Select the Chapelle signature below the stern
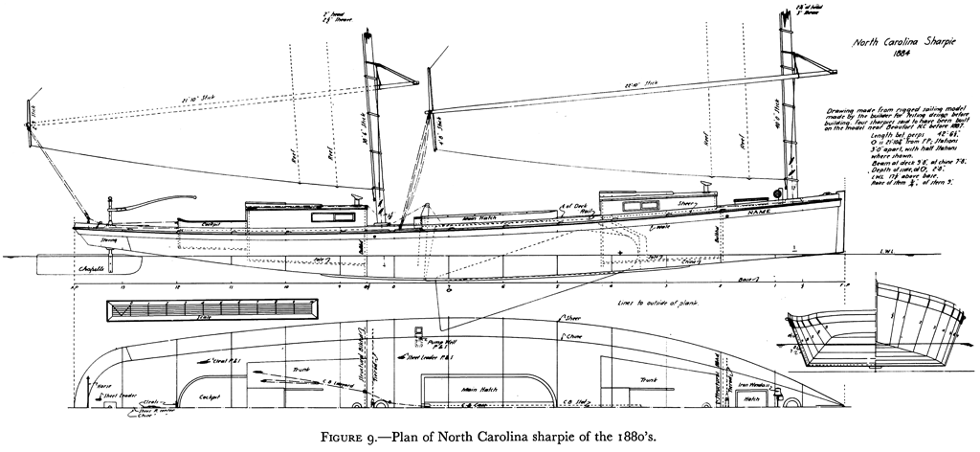[x=93, y=269]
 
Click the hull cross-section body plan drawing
[x=876, y=328]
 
